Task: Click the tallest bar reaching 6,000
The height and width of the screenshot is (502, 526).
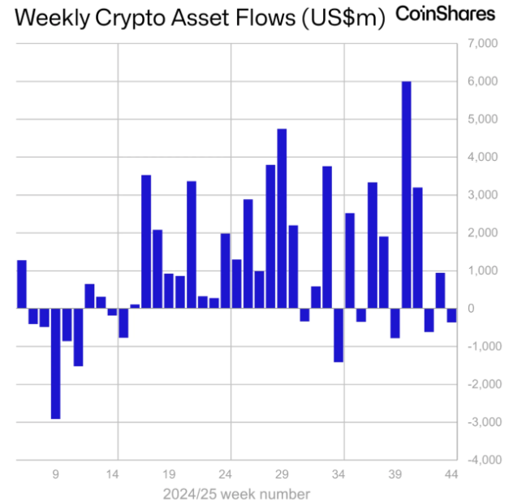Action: [x=407, y=195]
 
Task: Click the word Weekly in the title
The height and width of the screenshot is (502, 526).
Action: [x=53, y=17]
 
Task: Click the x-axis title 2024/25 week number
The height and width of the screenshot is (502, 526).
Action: [x=236, y=493]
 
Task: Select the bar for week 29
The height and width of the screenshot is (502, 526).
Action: [x=282, y=219]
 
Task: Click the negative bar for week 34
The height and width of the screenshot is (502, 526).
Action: [x=338, y=335]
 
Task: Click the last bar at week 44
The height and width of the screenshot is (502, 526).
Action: [x=451, y=315]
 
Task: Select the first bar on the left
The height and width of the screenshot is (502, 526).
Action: [x=22, y=284]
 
